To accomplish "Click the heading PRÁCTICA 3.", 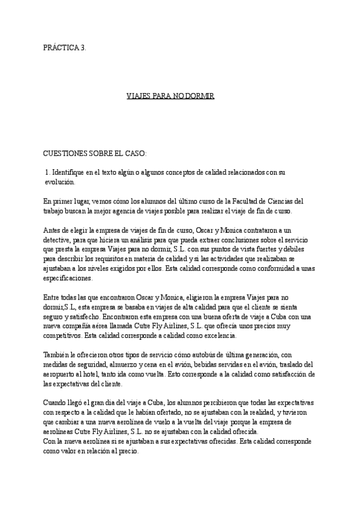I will point(69,47).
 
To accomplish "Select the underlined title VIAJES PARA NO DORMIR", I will point(171,96).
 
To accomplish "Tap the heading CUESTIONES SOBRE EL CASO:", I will point(95,154).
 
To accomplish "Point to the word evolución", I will point(61,181).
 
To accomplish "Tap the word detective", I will point(59,239).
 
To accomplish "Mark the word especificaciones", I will point(68,279).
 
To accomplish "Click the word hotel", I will point(95,375).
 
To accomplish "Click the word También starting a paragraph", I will point(59,355).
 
